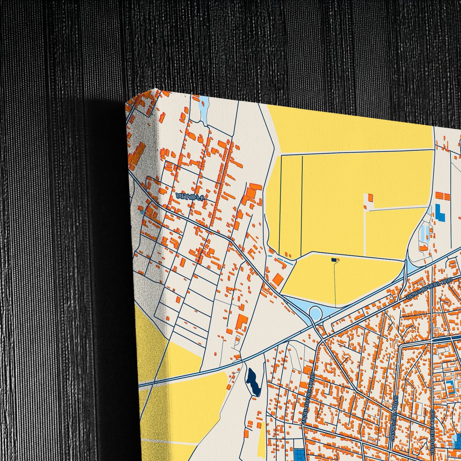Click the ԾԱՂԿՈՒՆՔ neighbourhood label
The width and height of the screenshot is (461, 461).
(x=189, y=196)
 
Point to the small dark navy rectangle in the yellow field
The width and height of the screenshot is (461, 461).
(x=334, y=260)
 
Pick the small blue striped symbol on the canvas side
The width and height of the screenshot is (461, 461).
(x=141, y=209)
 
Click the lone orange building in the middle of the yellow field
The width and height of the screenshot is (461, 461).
(x=370, y=197)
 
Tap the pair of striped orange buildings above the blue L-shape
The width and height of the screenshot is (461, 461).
(x=442, y=196)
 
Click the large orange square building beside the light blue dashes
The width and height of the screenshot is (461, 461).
(x=278, y=279)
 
